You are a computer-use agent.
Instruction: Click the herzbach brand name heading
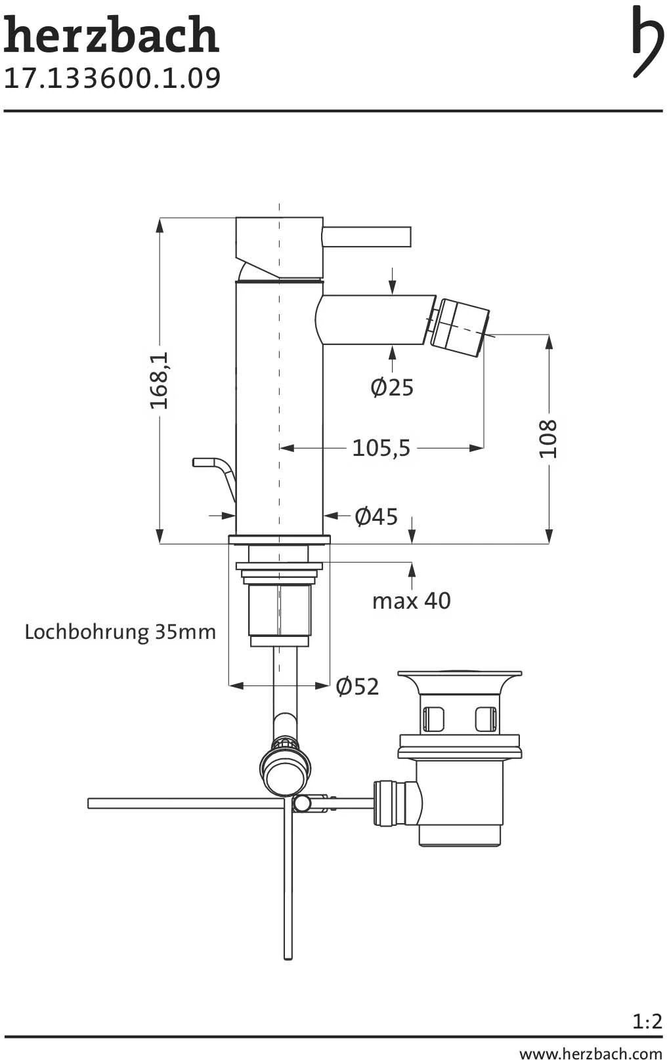pyautogui.click(x=111, y=35)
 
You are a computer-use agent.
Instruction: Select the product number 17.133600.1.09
pyautogui.click(x=112, y=78)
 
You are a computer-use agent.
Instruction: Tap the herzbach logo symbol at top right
pyautogui.click(x=647, y=41)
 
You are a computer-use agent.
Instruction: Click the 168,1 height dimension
pyautogui.click(x=160, y=380)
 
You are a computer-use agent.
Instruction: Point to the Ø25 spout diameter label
pyautogui.click(x=392, y=387)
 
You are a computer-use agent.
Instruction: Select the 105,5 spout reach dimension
pyautogui.click(x=381, y=447)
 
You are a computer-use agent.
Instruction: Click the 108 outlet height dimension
pyautogui.click(x=549, y=439)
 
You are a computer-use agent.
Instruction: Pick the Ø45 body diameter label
pyautogui.click(x=376, y=516)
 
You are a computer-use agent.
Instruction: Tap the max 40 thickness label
pyautogui.click(x=411, y=601)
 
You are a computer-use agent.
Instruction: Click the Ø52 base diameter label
pyautogui.click(x=357, y=686)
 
